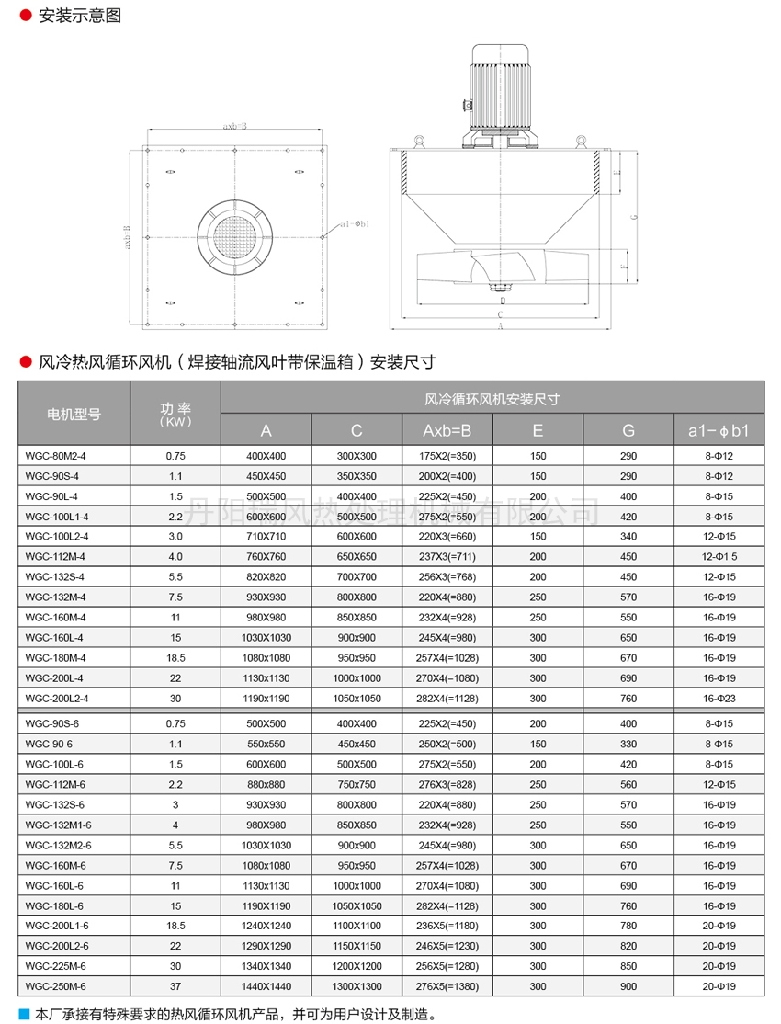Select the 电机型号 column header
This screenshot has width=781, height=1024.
[x=74, y=414]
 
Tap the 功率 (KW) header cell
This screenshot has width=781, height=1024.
[x=175, y=414]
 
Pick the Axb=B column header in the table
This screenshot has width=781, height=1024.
[x=447, y=429]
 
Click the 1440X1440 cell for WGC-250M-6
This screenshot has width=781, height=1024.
[x=266, y=986]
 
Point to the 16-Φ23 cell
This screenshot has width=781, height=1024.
[x=719, y=698]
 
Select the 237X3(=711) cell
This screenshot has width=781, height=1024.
[x=447, y=557]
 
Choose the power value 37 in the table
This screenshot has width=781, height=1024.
[x=175, y=986]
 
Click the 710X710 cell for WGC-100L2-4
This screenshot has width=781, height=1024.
[x=266, y=537]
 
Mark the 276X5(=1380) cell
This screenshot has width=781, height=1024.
[x=447, y=986]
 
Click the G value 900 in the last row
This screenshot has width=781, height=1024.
[x=628, y=986]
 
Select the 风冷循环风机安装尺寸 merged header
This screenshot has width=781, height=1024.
[x=492, y=399]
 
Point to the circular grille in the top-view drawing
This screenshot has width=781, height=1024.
[x=234, y=236]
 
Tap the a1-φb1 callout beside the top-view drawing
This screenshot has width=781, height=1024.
[x=355, y=223]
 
